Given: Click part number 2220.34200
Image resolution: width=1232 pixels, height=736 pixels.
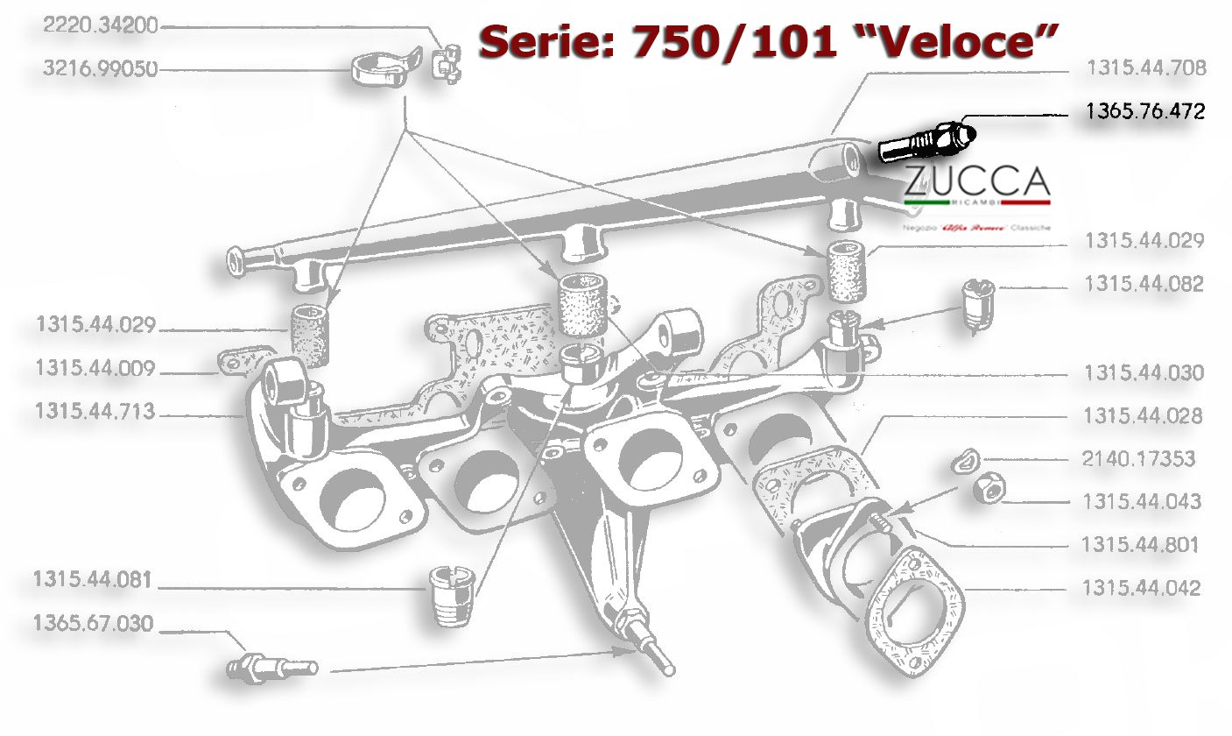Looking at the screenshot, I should coord(100,27).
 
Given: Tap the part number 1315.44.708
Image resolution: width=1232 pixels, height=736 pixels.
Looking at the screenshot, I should coord(1145,68).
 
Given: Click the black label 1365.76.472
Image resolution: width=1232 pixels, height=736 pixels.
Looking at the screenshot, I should coord(1145,111).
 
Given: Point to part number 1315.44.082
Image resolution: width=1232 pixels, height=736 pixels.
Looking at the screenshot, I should coord(1144,284).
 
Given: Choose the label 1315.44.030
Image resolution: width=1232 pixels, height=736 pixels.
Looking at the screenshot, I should coord(1144,373).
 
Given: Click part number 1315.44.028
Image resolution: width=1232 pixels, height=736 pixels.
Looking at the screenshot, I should coord(1144,415).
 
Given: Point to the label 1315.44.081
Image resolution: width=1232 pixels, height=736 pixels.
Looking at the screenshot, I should coord(94,580).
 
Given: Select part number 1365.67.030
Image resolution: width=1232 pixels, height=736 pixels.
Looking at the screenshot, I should coord(94,624).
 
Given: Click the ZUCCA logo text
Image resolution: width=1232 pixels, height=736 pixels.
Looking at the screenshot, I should coord(976,183).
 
